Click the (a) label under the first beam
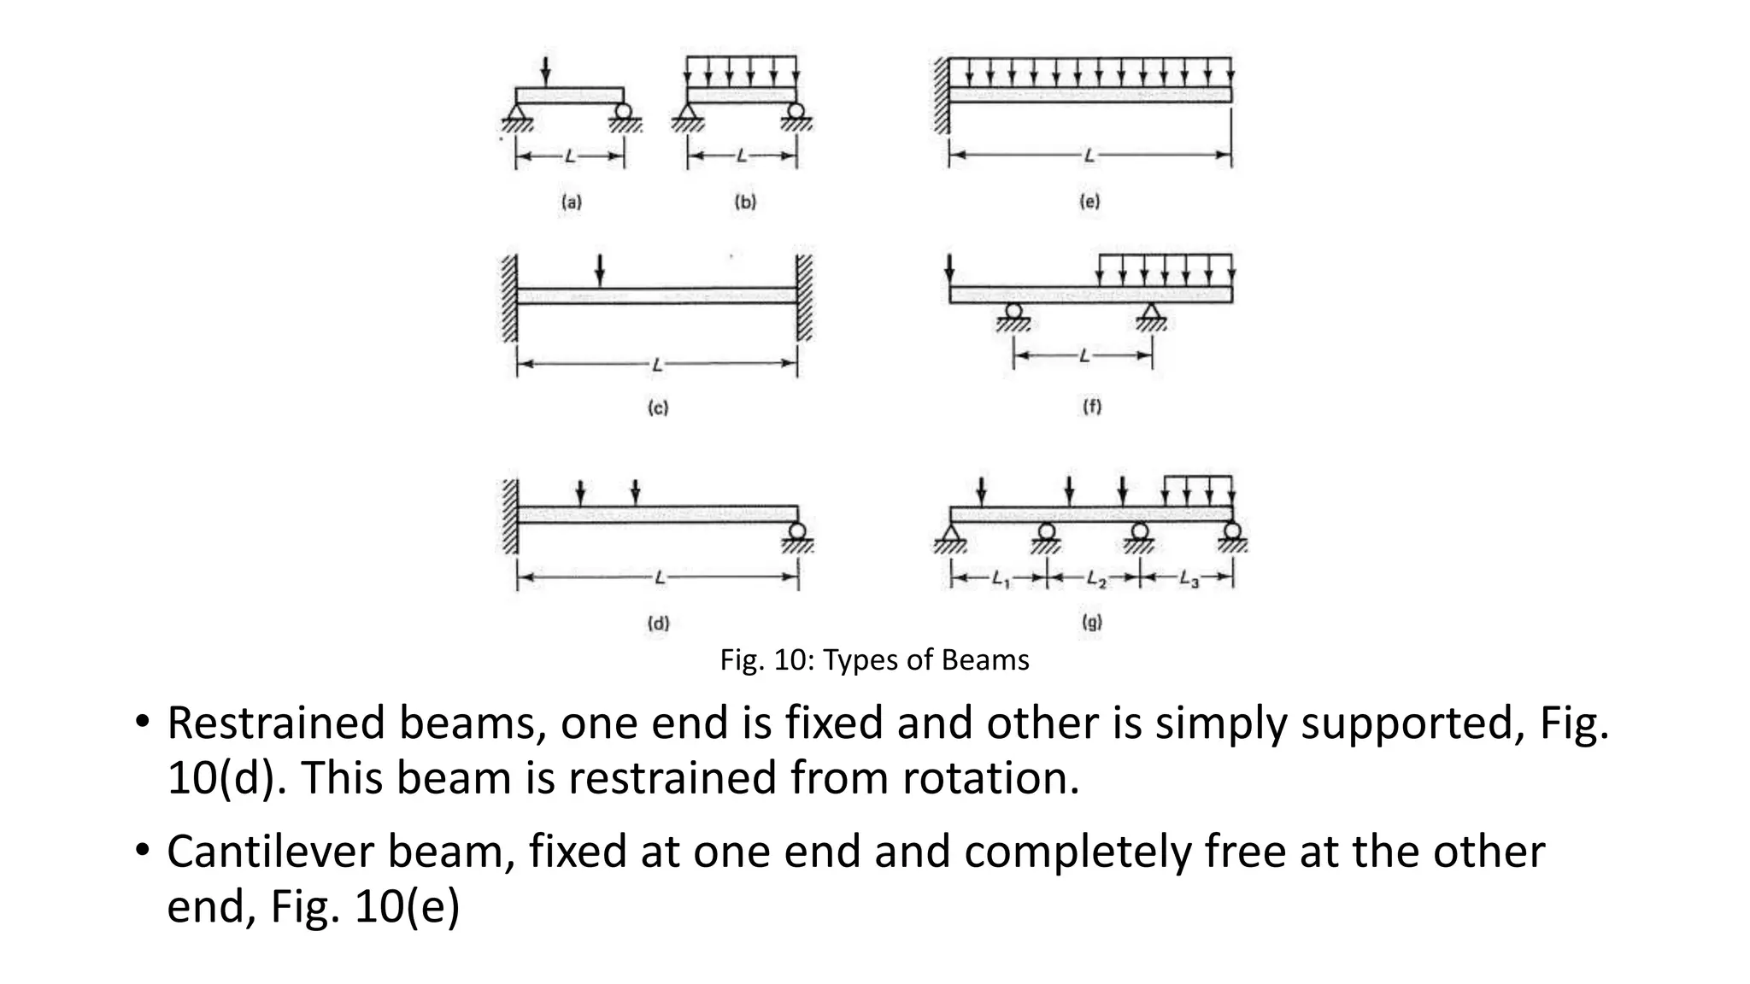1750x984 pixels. [x=571, y=202]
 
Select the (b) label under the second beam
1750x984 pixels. [x=745, y=202]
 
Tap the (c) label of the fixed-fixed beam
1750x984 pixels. [x=657, y=407]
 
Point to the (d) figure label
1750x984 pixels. [x=657, y=623]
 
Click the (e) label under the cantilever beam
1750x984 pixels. [x=1089, y=202]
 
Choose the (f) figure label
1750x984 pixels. [x=1092, y=407]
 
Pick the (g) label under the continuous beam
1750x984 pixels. [x=1092, y=622]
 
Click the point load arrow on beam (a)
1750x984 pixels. [x=546, y=71]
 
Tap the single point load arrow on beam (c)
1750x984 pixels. [x=600, y=269]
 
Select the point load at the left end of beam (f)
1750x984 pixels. [x=950, y=269]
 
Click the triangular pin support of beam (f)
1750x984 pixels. [x=1152, y=313]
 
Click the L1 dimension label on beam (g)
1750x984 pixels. [x=1001, y=579]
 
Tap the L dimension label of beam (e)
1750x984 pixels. [x=1089, y=155]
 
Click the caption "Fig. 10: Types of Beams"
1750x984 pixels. [x=874, y=660]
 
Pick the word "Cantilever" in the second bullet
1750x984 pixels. [x=274, y=852]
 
